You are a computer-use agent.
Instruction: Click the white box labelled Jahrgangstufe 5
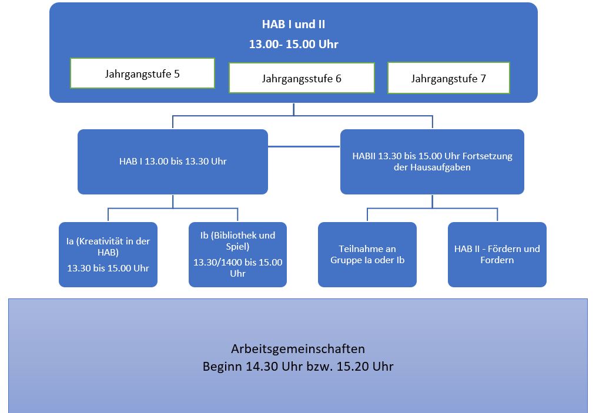(x=142, y=73)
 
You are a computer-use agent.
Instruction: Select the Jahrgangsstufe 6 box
(x=302, y=78)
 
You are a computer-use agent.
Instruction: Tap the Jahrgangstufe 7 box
(x=448, y=78)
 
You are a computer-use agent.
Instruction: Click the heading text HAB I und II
(x=293, y=25)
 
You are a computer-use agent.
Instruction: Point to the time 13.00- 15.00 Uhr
(x=293, y=44)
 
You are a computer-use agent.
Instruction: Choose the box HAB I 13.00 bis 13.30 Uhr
(x=173, y=162)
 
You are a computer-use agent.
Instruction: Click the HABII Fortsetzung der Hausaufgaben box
(x=432, y=162)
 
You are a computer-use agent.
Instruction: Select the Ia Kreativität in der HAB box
(x=108, y=254)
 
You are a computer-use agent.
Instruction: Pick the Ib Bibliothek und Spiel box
(x=237, y=254)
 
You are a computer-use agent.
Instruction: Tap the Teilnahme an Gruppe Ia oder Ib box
(x=367, y=254)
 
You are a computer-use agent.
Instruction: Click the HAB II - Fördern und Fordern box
(x=497, y=254)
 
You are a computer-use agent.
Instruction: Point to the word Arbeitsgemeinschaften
(x=298, y=348)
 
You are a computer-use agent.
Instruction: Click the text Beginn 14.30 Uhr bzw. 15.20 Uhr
(x=298, y=367)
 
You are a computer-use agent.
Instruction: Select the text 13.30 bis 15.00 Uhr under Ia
(x=108, y=268)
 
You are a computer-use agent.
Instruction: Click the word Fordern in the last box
(x=497, y=260)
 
